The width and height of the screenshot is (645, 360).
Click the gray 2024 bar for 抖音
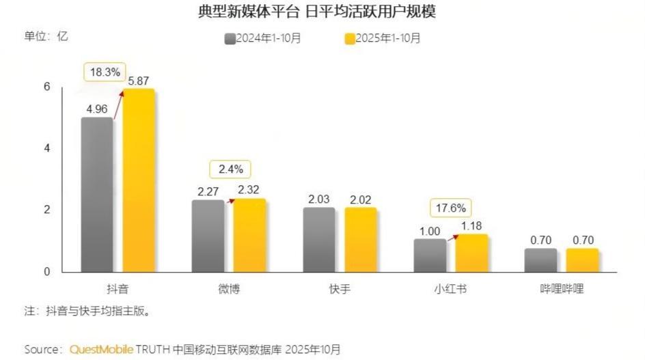(97, 195)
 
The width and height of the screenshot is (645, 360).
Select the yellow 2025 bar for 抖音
(139, 181)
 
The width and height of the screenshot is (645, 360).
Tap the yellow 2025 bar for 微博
(249, 235)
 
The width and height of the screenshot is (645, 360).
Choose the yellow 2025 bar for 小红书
(471, 253)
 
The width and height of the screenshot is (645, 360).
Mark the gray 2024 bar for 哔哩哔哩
(540, 260)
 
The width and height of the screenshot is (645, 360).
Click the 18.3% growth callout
(104, 72)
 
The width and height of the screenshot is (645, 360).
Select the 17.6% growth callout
(450, 208)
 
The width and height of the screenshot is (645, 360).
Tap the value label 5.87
(139, 79)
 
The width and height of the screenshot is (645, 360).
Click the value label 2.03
(319, 199)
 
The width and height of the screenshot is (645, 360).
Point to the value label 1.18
(471, 225)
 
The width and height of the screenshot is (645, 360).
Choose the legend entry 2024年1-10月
(263, 38)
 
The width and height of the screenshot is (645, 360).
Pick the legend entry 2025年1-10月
(383, 38)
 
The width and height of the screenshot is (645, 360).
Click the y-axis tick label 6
(47, 87)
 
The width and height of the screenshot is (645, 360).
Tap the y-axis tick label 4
(47, 148)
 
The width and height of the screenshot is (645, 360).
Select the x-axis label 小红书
(450, 288)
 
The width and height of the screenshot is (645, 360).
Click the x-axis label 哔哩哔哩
(562, 288)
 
